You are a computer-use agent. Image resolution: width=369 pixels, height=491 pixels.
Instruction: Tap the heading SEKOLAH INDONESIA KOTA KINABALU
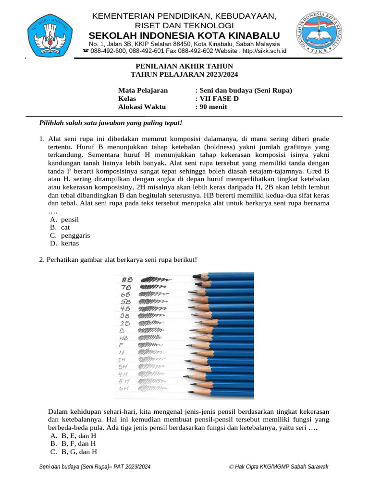pos(184,36)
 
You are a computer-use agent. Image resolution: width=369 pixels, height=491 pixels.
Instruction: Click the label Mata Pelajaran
pos(143,90)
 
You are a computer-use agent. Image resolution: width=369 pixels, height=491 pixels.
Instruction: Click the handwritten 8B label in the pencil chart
pos(127,279)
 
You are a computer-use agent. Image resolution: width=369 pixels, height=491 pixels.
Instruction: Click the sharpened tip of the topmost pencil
pos(195,276)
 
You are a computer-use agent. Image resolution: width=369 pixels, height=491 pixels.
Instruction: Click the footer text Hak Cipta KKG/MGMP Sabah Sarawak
pos(280,467)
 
